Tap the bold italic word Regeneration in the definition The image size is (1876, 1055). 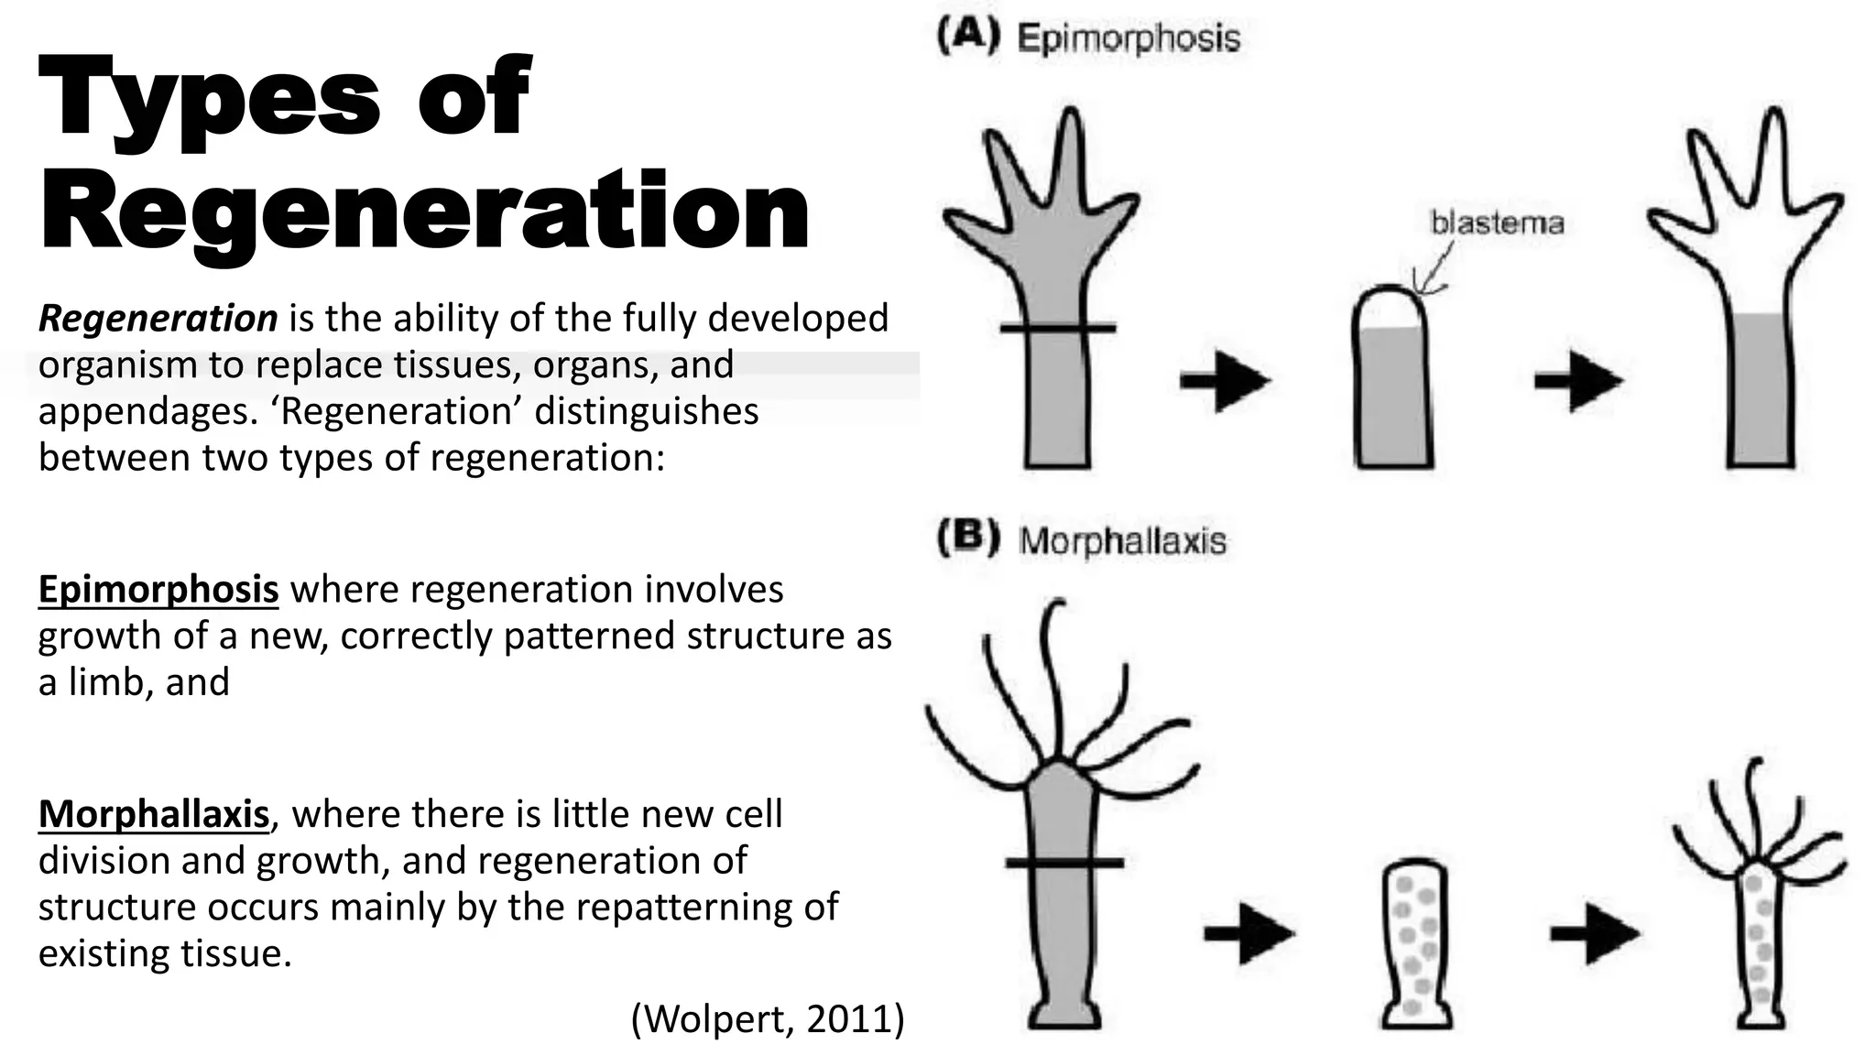[x=158, y=319]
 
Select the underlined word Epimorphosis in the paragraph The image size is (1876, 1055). [x=158, y=590]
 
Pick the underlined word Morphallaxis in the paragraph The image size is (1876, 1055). [x=154, y=814]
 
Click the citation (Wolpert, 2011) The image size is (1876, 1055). [x=768, y=1018]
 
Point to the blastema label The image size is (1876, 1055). [x=1497, y=223]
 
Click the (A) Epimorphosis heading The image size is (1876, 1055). [x=1088, y=38]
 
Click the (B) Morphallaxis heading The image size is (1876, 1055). [x=1081, y=540]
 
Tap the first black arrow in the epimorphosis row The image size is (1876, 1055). [x=1225, y=380]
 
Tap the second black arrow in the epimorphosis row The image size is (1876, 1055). [x=1578, y=380]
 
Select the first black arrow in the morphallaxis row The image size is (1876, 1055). [x=1249, y=933]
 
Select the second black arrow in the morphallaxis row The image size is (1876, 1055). [x=1594, y=933]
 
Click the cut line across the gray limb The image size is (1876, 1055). [x=1057, y=327]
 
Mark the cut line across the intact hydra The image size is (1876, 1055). [x=1063, y=863]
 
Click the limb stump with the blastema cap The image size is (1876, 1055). [x=1392, y=385]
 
